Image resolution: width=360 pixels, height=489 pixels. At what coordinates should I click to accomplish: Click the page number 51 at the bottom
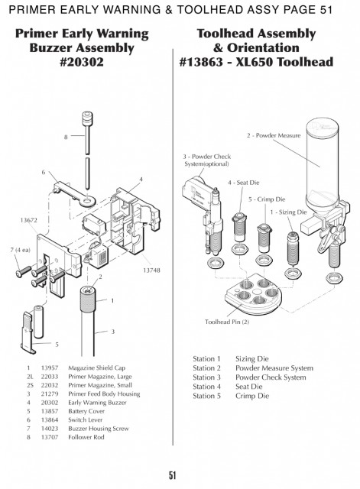(x=173, y=475)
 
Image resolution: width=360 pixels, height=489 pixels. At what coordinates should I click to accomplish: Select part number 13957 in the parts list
(x=50, y=368)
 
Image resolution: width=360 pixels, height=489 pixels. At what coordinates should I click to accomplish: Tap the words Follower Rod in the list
(x=86, y=437)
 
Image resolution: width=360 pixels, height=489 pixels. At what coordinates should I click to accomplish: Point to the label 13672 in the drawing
(x=29, y=220)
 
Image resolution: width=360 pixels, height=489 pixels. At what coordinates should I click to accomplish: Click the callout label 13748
(x=151, y=270)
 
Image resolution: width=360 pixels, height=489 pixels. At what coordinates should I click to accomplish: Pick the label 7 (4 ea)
(x=21, y=250)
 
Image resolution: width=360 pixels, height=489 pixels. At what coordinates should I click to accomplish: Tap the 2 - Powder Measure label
(x=274, y=136)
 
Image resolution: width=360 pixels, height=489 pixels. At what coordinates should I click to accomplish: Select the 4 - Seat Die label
(x=243, y=183)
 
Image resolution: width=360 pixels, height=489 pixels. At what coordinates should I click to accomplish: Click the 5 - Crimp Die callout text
(x=267, y=199)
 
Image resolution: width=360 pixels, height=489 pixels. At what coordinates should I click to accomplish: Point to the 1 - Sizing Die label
(x=289, y=212)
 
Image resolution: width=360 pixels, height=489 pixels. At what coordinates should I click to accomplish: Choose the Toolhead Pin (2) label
(x=227, y=322)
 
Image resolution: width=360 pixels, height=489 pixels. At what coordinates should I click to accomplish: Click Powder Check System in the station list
(x=271, y=377)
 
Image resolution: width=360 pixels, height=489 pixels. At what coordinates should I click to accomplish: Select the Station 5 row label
(x=206, y=396)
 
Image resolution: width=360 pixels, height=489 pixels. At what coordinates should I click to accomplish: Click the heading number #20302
(x=82, y=62)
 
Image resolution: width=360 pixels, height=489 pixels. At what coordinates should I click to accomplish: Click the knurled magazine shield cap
(x=88, y=299)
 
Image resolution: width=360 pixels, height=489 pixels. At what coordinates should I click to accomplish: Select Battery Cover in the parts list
(x=86, y=411)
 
